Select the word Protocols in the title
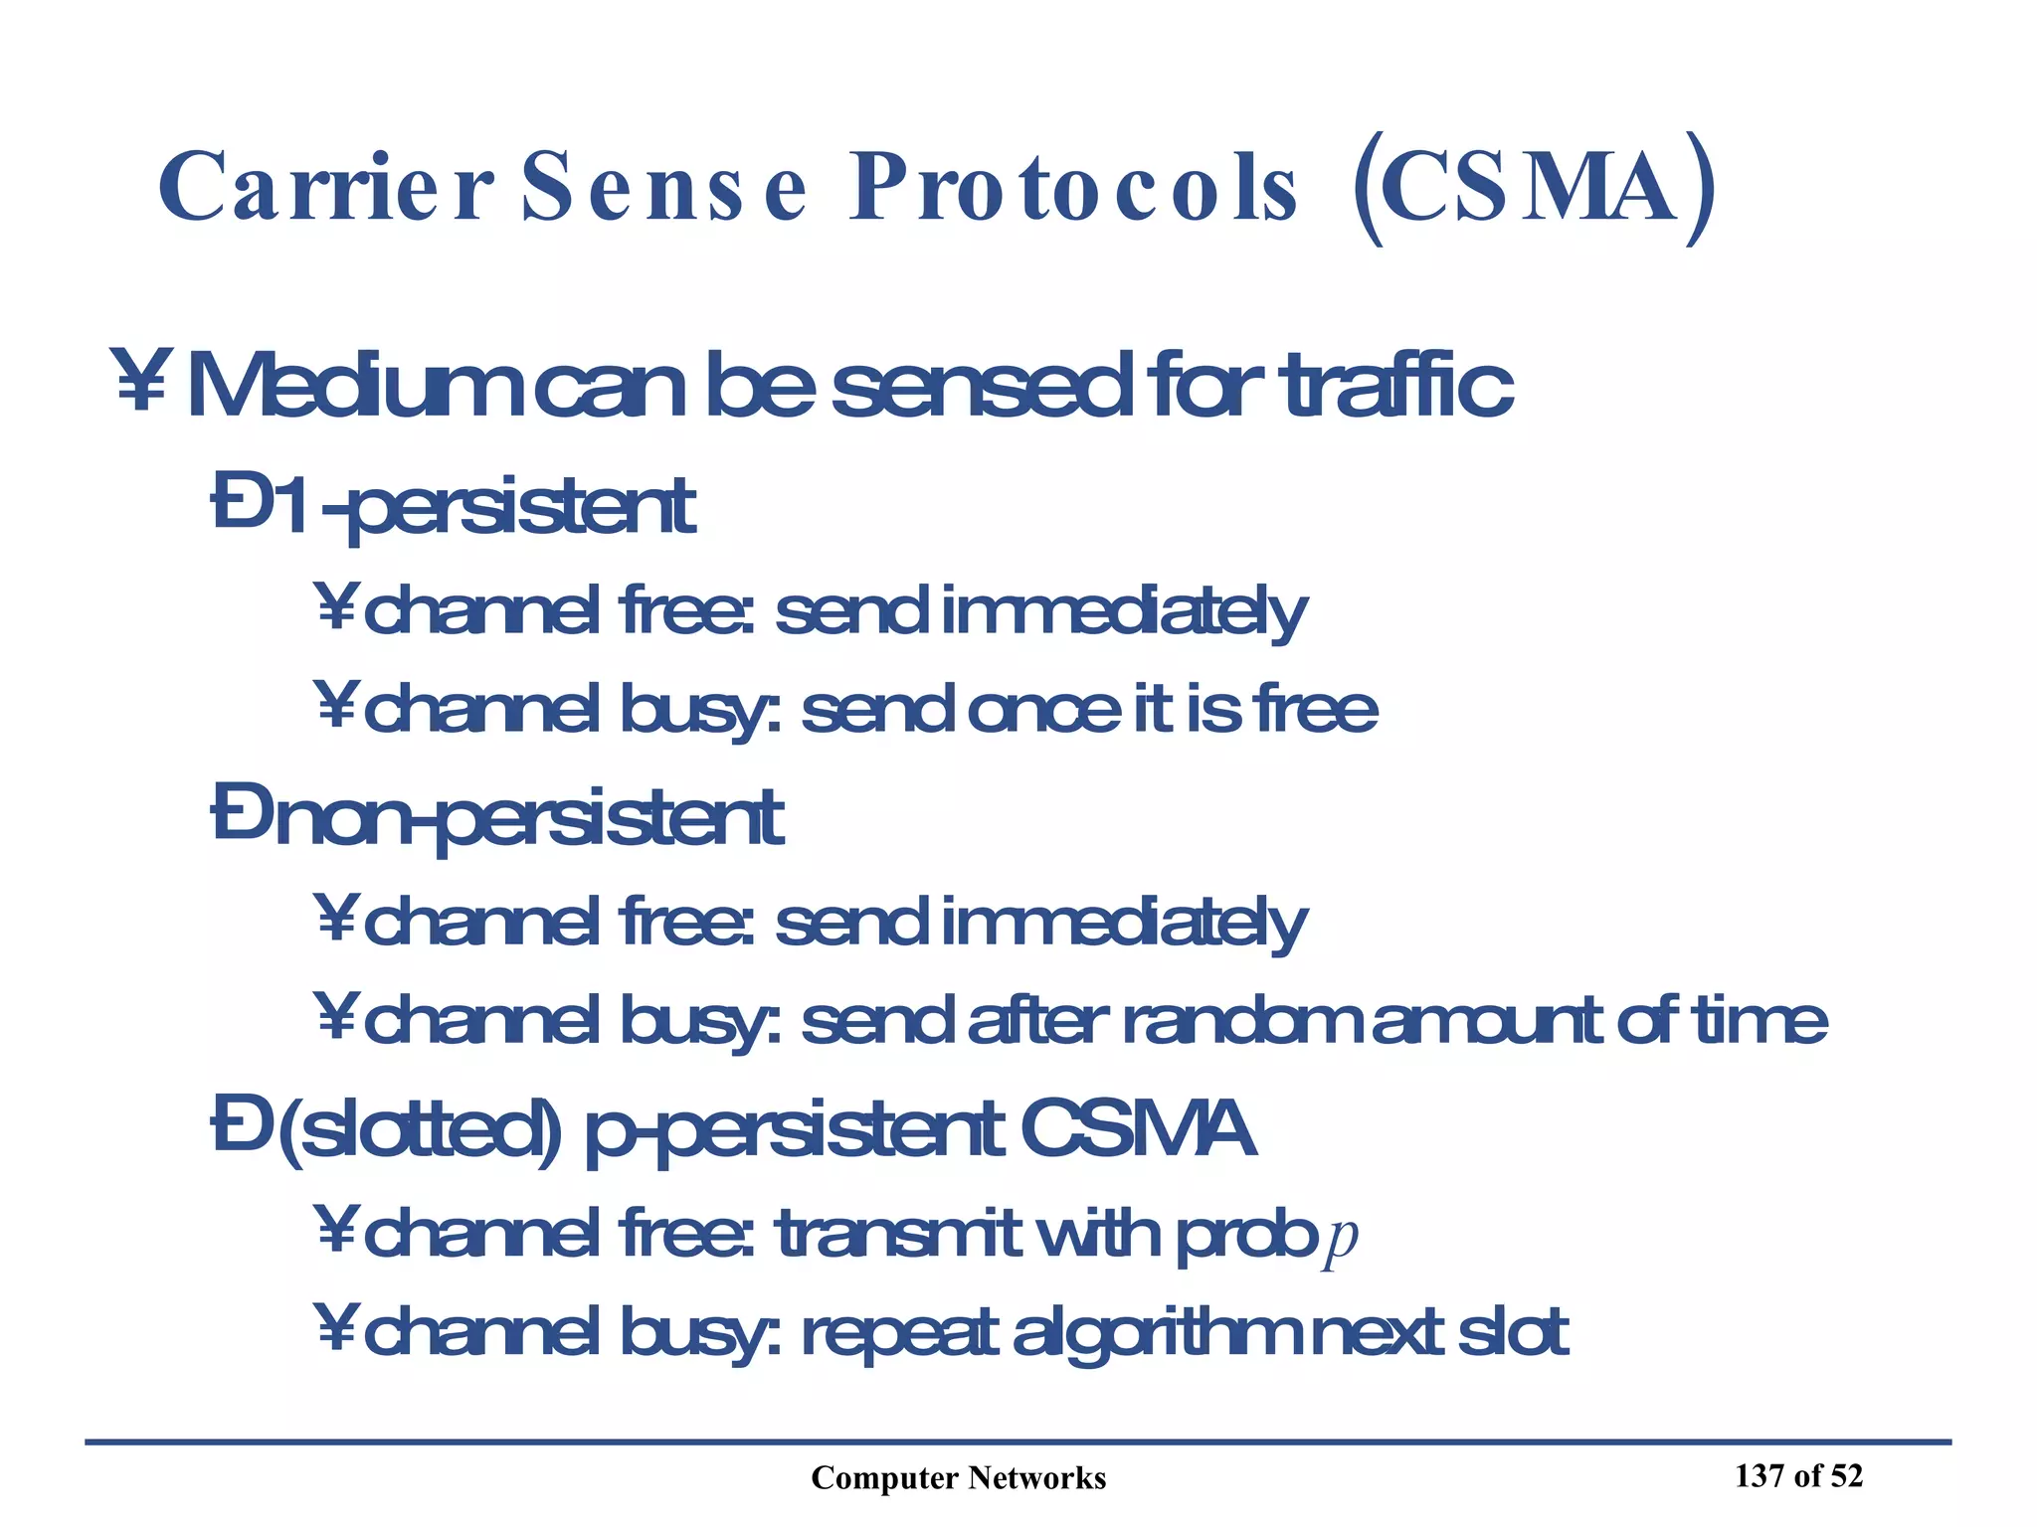click(1073, 188)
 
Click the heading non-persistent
click(527, 818)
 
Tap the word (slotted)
click(419, 1130)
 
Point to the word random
click(1243, 1021)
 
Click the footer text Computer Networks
click(958, 1478)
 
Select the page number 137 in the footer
click(1760, 1476)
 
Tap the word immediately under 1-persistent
click(1123, 612)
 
